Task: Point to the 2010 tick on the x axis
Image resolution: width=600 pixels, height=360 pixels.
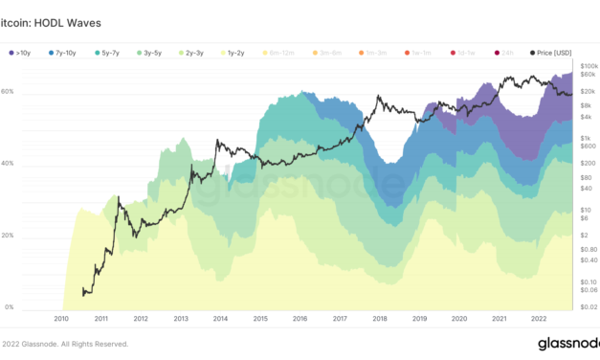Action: [60, 319]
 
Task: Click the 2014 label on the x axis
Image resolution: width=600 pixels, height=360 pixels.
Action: [220, 319]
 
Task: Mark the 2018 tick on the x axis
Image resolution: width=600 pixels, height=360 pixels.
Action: [380, 319]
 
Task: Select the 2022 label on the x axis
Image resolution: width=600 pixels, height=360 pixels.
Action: [539, 319]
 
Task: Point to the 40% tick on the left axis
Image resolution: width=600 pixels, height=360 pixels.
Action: [7, 164]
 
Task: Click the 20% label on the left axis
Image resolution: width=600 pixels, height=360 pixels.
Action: [7, 236]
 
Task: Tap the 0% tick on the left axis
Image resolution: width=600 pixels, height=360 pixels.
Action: [9, 307]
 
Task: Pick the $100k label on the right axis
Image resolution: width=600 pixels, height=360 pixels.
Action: [589, 63]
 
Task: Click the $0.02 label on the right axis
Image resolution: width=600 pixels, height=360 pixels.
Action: [589, 306]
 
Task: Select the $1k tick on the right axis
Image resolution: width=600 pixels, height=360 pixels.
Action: [588, 138]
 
